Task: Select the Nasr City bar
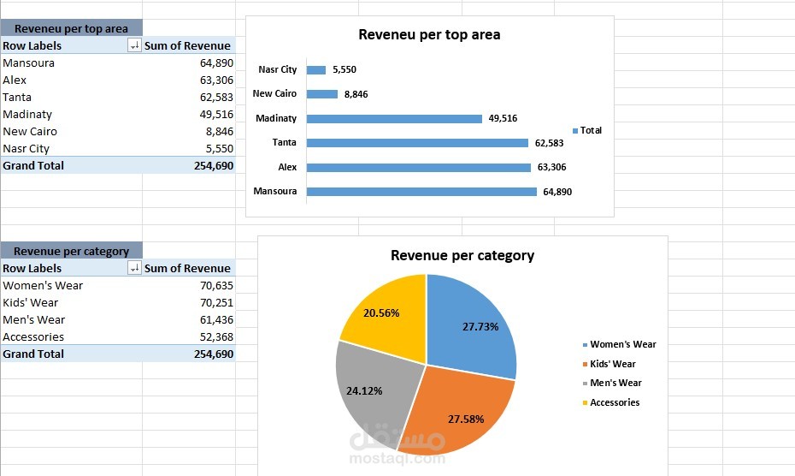click(315, 70)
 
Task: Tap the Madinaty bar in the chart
click(394, 119)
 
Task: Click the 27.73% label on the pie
click(480, 326)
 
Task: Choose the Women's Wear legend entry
click(622, 344)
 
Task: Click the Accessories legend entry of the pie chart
click(614, 402)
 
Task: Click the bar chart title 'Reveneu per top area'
click(429, 35)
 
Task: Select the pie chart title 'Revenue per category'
click(462, 255)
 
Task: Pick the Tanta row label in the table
click(17, 98)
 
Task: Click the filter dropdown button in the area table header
click(134, 46)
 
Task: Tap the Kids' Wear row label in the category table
click(31, 303)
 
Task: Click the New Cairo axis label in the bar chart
click(274, 94)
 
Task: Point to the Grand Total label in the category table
click(33, 354)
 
